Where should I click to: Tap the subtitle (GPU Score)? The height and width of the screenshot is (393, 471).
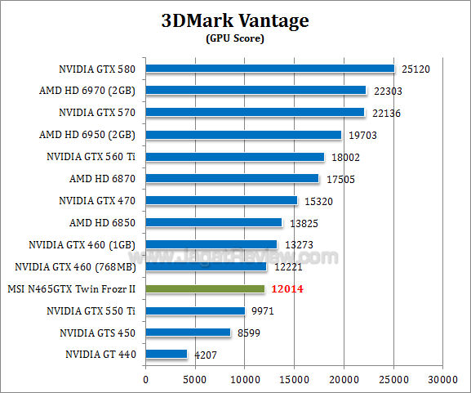[236, 38]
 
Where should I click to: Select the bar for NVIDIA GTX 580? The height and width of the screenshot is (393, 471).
[269, 69]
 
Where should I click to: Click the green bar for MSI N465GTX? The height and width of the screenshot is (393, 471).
[205, 288]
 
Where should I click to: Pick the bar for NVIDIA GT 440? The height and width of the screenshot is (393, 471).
[167, 354]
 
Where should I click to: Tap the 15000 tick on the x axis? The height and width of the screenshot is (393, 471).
[294, 380]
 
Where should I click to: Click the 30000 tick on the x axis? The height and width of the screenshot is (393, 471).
[442, 380]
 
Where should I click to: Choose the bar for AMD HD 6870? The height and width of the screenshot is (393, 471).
[232, 178]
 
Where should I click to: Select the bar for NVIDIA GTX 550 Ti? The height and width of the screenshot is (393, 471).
[195, 310]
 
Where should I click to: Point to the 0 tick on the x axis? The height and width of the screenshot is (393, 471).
[145, 380]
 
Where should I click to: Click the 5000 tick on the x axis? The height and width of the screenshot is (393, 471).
[195, 380]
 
